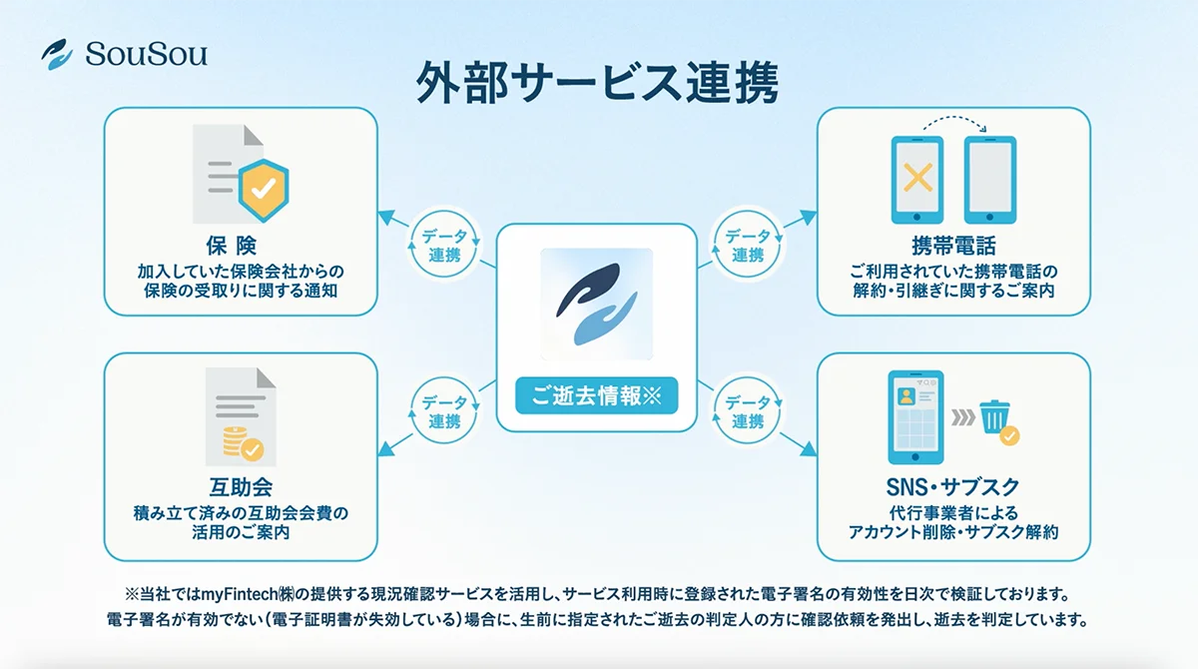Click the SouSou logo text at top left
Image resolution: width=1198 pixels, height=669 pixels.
click(146, 54)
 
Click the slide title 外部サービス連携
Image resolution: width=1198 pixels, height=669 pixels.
click(596, 84)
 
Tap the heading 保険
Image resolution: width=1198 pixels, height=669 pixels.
click(241, 247)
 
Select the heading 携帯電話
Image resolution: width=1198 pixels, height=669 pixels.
click(952, 247)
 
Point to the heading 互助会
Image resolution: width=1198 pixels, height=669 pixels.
click(240, 489)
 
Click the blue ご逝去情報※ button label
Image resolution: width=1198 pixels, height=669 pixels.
click(596, 395)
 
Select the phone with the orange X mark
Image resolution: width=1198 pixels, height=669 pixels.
click(916, 180)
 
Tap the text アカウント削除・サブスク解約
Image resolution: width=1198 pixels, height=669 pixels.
click(952, 532)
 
